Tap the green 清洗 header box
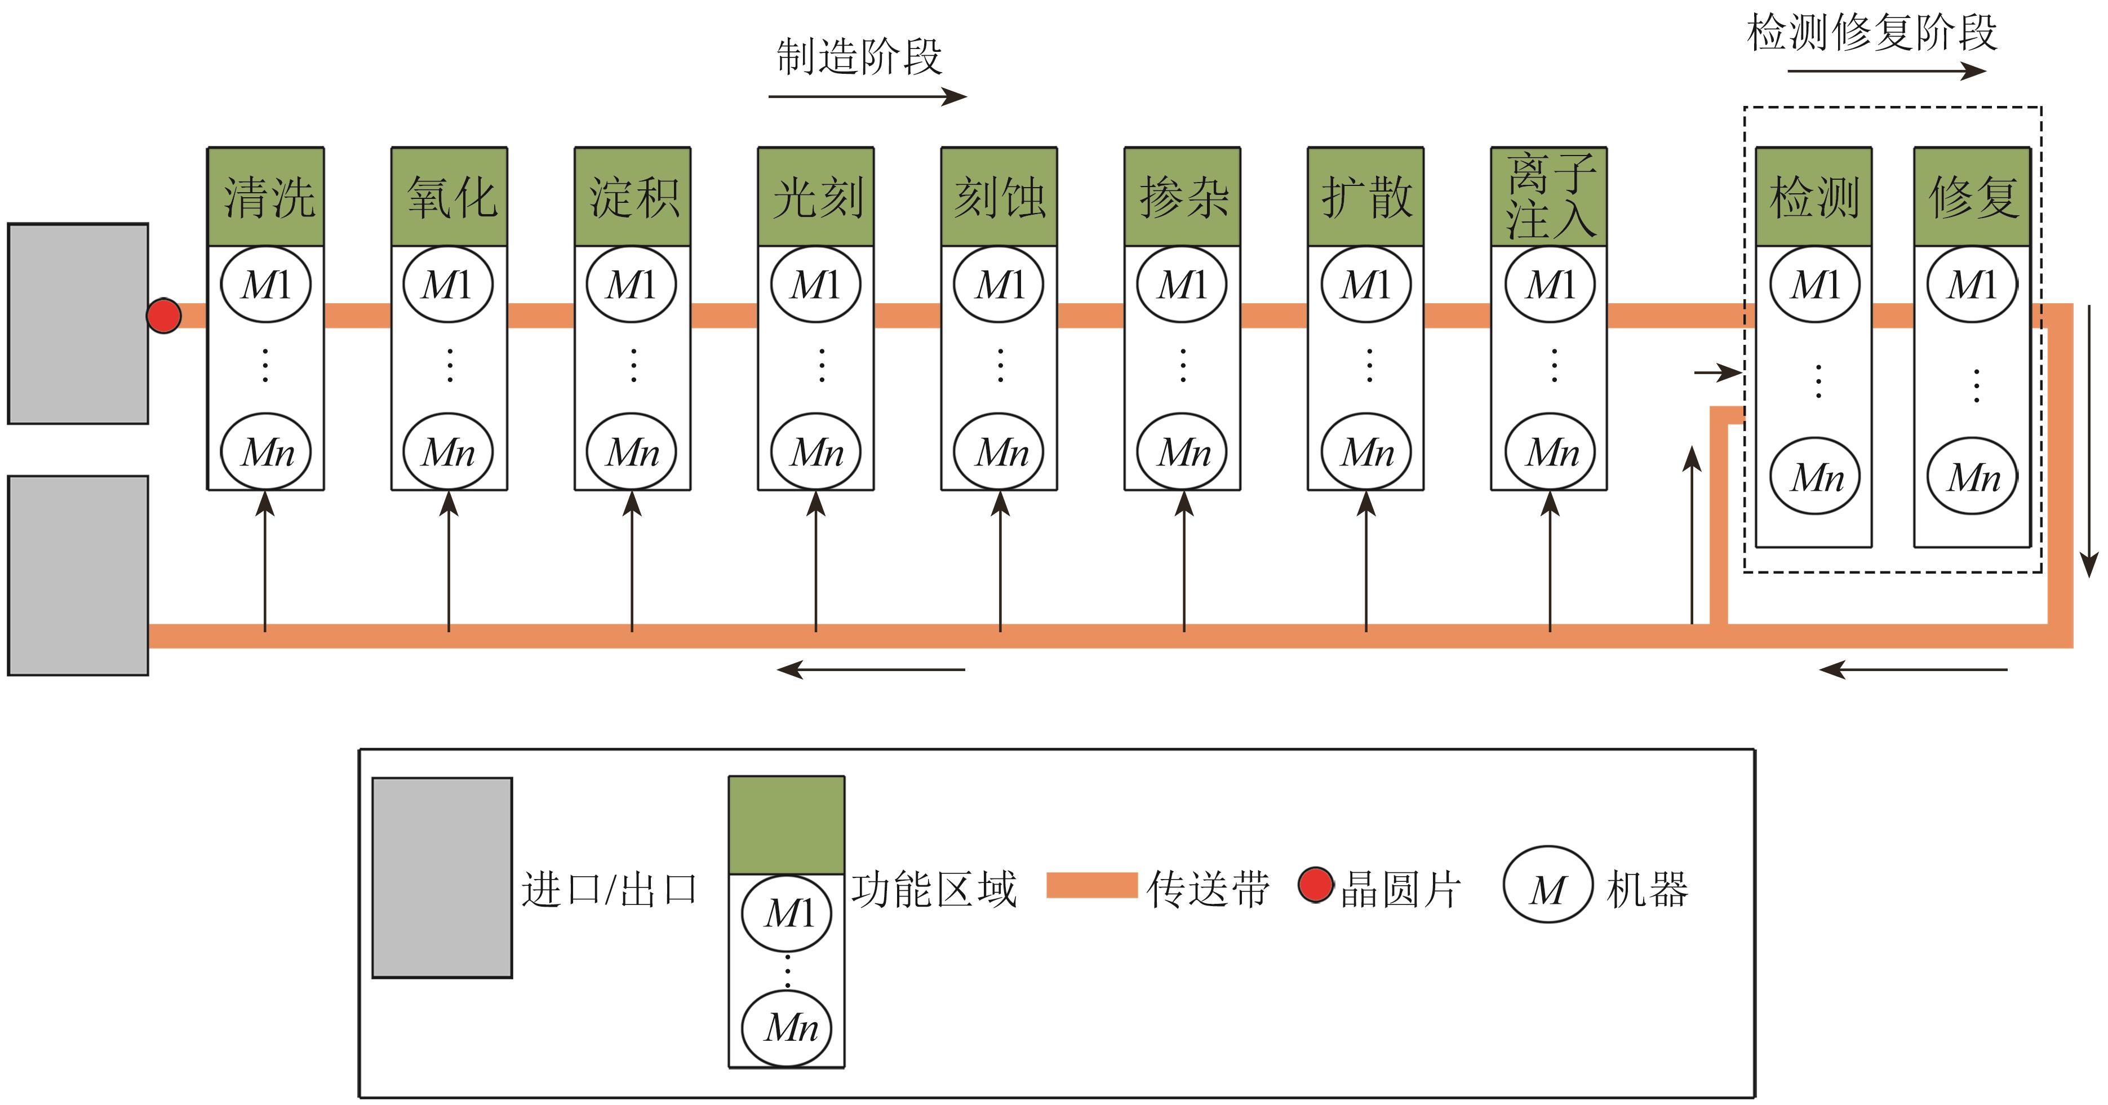(x=266, y=197)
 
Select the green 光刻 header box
(x=816, y=197)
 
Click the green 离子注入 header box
(x=1549, y=197)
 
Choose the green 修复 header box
(x=1972, y=197)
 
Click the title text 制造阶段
(x=859, y=57)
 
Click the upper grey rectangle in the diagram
(x=78, y=323)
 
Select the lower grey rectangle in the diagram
(x=78, y=575)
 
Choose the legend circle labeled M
(x=1547, y=885)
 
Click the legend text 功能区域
(x=934, y=889)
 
